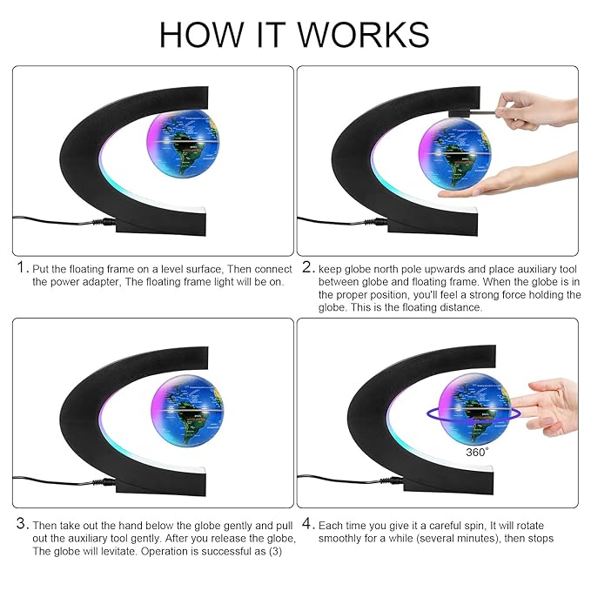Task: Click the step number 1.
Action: pos(21,268)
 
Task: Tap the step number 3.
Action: pos(21,524)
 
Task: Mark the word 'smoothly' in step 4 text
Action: pos(339,538)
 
